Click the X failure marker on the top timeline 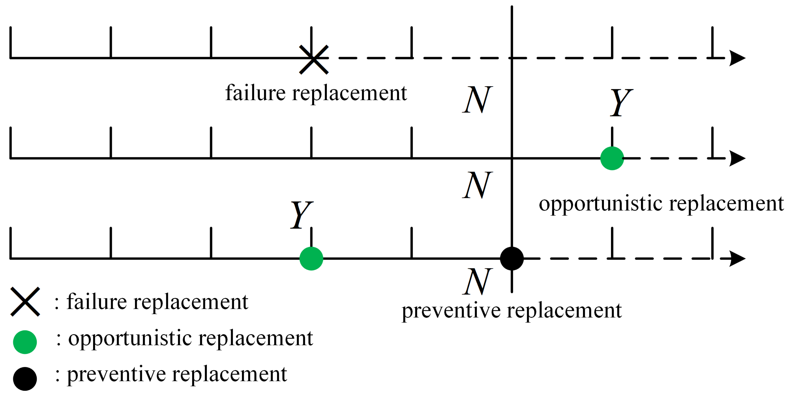[314, 60]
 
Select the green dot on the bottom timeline [311, 259]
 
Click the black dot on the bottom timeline [511, 259]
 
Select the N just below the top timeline [477, 100]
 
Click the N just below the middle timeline [477, 185]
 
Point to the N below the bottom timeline [477, 281]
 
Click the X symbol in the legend [25, 301]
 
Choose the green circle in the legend [25, 342]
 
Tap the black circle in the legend [25, 379]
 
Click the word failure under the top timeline [256, 93]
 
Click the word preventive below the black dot [452, 311]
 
